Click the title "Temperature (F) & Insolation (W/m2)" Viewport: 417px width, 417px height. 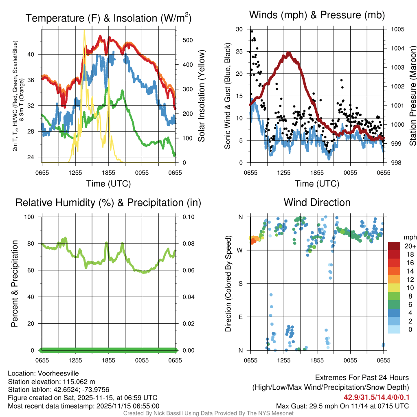108,18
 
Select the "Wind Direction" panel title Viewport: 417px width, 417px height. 317,202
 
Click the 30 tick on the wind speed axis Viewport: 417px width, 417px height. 239,29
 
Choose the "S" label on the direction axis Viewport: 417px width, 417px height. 240,283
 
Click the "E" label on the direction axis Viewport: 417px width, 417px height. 240,317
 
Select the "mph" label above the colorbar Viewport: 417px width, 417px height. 409,237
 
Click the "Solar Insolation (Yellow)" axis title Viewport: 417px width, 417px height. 201,96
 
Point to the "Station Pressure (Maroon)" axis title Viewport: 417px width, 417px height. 412,96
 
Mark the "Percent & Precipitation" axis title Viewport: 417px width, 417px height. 15,283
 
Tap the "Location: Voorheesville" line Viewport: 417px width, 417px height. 44,373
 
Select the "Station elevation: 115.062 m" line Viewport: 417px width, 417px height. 51,382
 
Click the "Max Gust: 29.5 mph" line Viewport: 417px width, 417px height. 342,406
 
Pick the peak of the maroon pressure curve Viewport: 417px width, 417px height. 289,53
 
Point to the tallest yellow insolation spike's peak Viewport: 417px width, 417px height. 84,31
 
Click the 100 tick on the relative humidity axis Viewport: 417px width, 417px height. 34,217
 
